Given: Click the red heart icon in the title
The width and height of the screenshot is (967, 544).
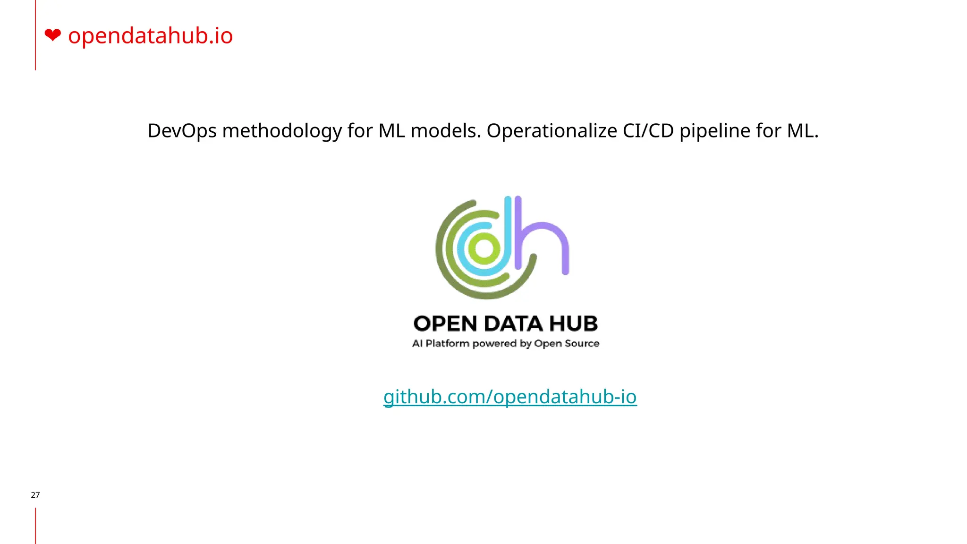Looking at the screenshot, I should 53,35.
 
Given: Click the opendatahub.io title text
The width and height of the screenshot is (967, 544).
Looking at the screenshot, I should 150,36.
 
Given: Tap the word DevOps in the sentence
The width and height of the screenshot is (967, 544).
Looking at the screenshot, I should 182,131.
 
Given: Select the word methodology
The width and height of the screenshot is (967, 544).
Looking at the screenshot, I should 282,131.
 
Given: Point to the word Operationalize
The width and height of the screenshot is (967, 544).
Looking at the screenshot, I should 551,131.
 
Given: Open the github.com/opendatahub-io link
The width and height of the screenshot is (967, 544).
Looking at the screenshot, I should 510,397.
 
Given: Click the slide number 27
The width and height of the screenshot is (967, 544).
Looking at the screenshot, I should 35,495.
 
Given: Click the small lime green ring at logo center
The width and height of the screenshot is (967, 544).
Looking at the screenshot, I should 484,248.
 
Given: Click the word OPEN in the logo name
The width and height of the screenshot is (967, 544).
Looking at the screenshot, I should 445,324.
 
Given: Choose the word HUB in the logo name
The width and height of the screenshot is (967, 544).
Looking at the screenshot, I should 574,324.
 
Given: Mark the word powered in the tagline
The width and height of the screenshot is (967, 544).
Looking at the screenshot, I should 494,343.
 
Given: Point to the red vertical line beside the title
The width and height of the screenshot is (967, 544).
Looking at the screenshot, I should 35,35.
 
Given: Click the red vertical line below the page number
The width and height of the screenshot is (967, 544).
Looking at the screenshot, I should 35,526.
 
